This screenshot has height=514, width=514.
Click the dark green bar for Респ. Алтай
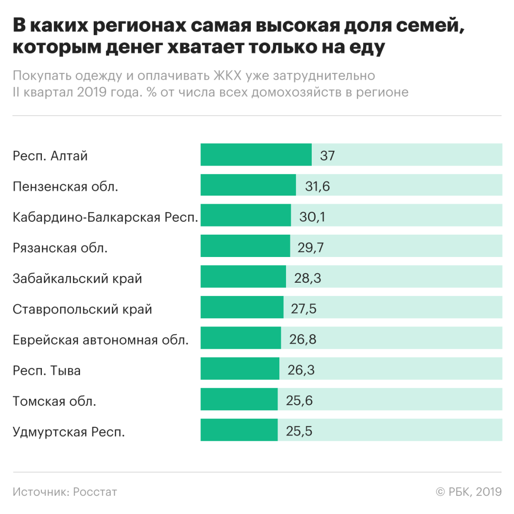pos(256,155)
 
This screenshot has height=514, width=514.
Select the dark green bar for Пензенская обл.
pos(248,185)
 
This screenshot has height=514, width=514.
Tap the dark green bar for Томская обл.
pos(239,399)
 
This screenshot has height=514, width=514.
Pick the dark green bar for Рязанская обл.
pos(245,247)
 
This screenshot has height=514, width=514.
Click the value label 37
pos(328,155)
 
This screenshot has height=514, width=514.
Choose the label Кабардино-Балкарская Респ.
pos(106,217)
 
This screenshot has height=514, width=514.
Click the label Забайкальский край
pos(78,278)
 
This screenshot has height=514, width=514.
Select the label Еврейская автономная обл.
pos(101,339)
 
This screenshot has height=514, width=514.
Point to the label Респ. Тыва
pos(47,370)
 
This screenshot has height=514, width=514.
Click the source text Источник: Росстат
pos(65,492)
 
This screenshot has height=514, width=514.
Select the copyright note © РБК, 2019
pos(468,492)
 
